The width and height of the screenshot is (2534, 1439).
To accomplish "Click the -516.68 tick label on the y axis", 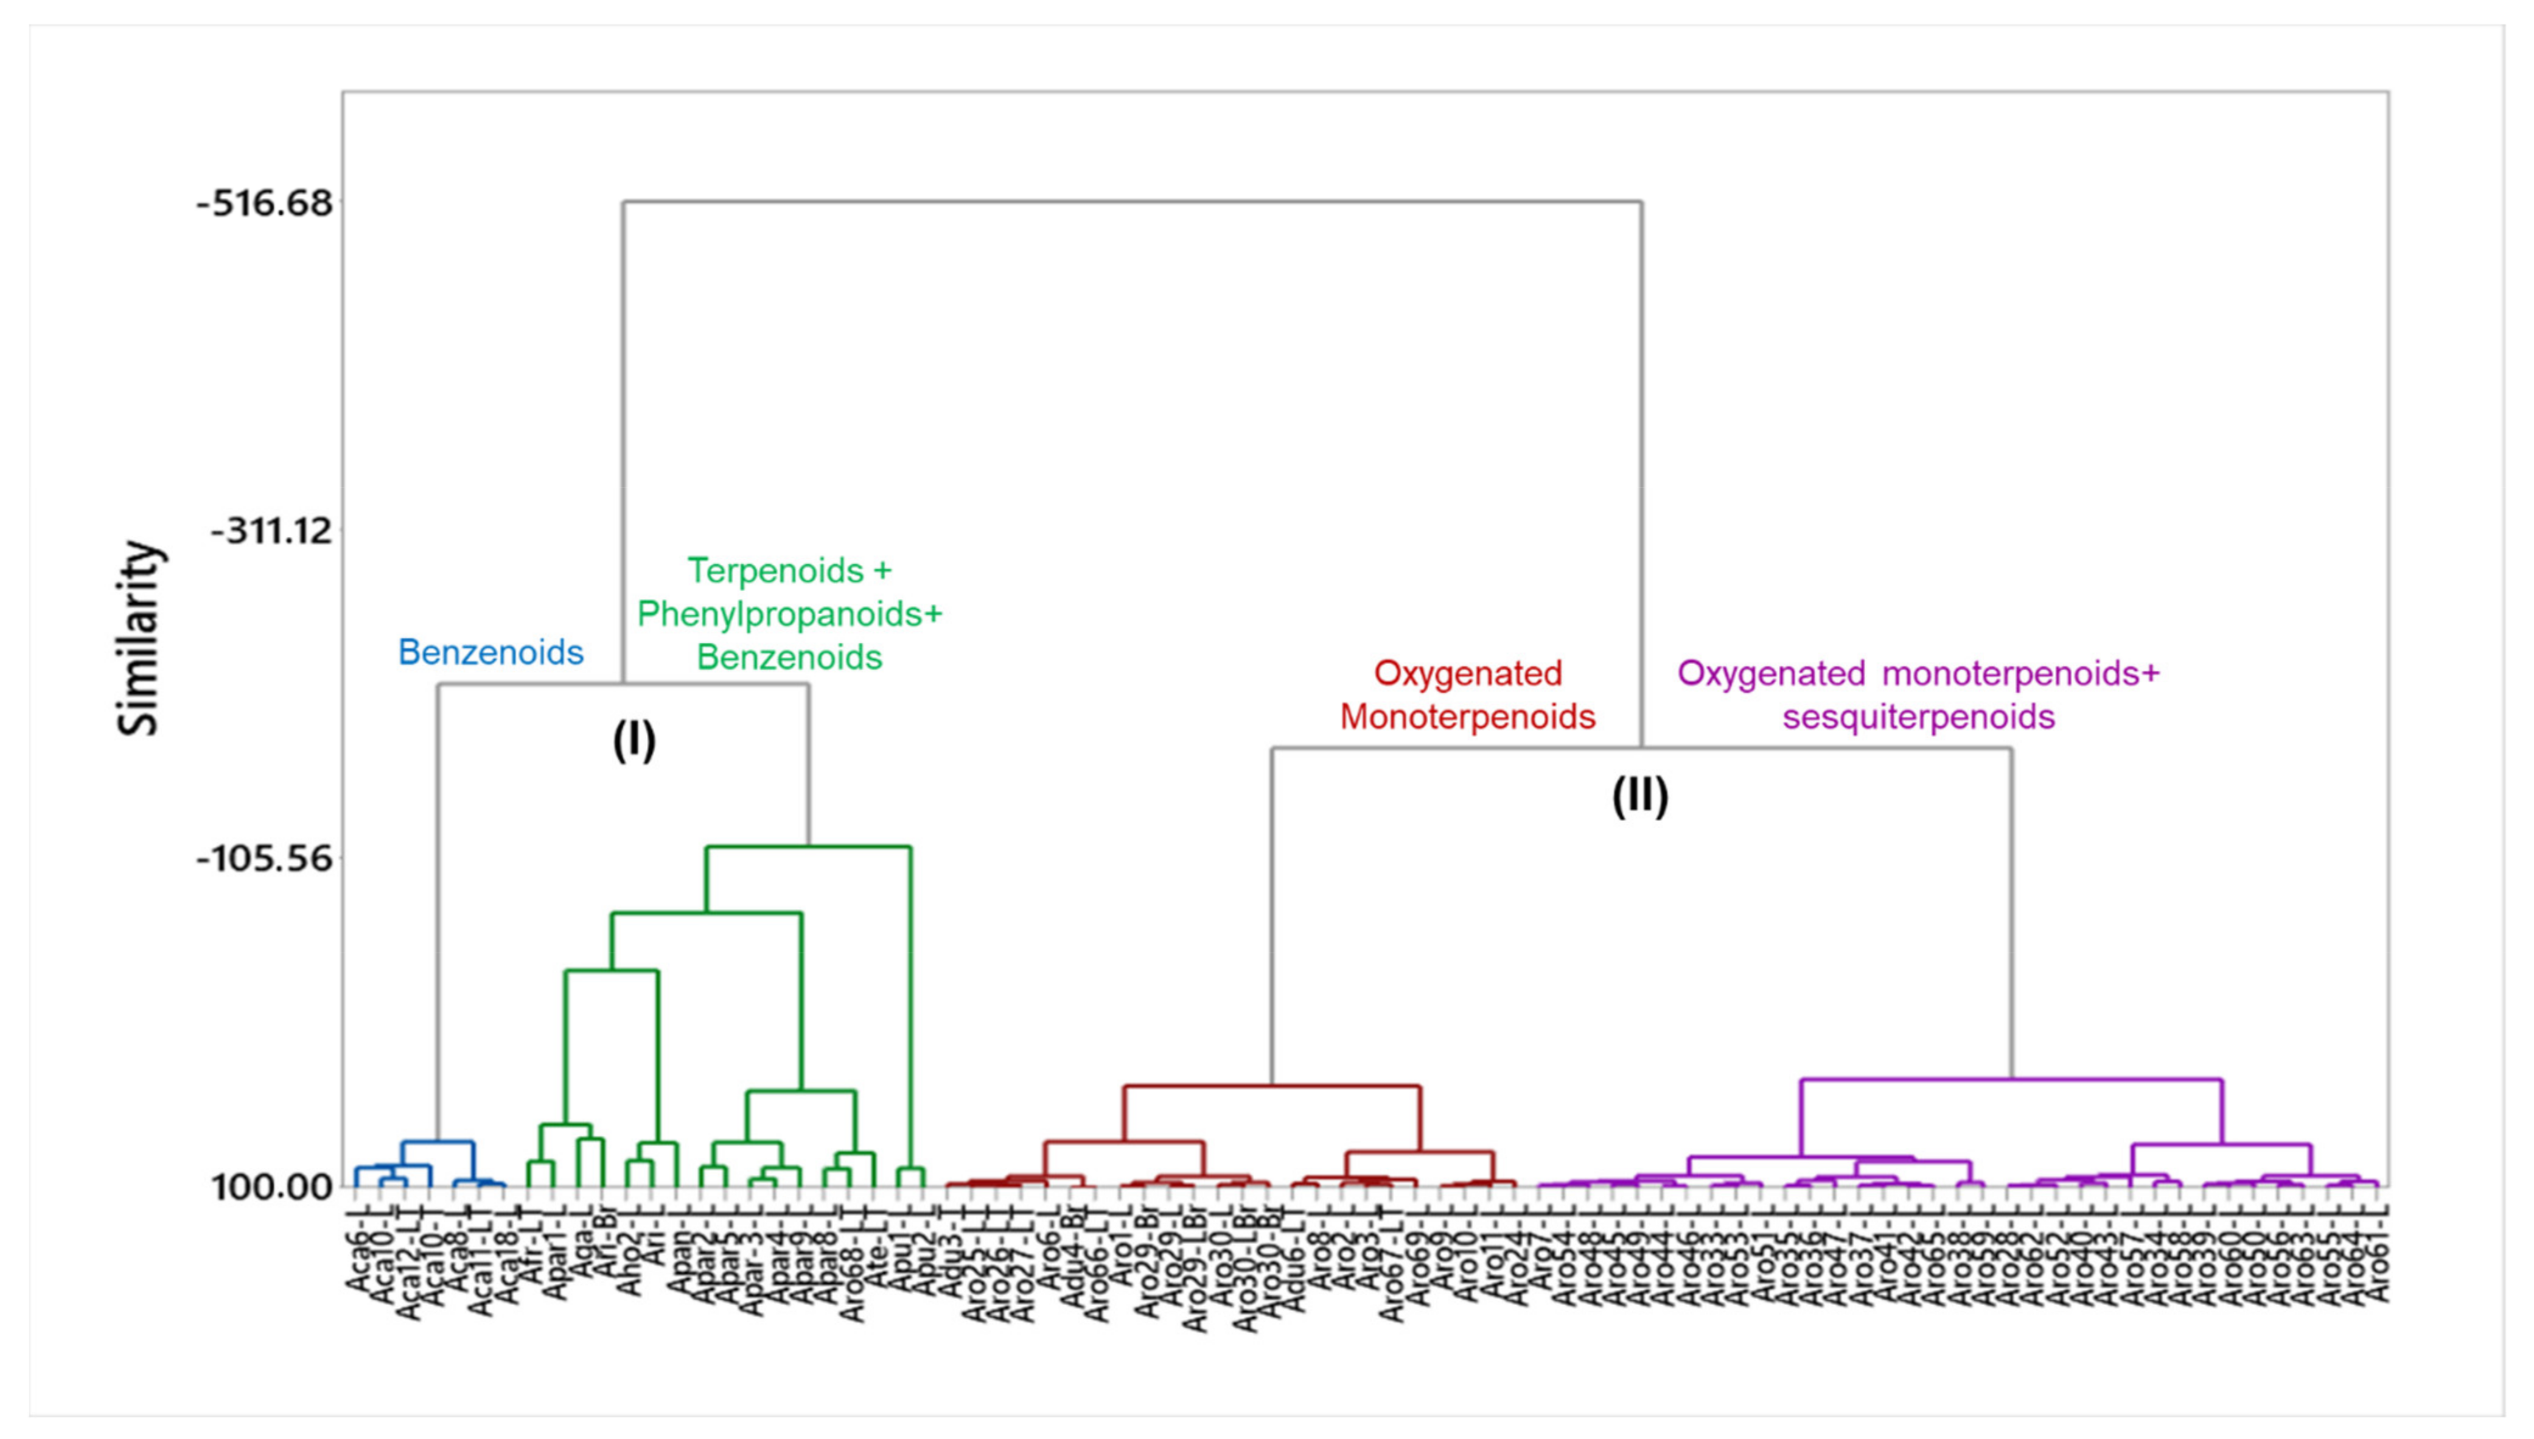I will pos(265,203).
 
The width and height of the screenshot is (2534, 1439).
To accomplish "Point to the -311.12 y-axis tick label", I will pos(271,531).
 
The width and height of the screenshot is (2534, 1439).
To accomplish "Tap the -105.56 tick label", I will pos(265,858).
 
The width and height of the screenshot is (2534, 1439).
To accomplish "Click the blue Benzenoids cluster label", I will pos(491,653).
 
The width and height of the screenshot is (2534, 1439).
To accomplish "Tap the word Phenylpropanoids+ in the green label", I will pos(789,614).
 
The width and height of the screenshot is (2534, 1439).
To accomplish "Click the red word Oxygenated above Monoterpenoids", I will pos(1468,673).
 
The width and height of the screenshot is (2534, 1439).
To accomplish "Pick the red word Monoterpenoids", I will pos(1468,716).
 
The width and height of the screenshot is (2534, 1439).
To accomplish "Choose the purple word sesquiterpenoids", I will pos(1919,716).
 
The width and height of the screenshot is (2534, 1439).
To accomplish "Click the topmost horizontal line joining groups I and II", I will pos(1132,203).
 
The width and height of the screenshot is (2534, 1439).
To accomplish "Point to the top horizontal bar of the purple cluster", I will pos(2011,1079).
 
